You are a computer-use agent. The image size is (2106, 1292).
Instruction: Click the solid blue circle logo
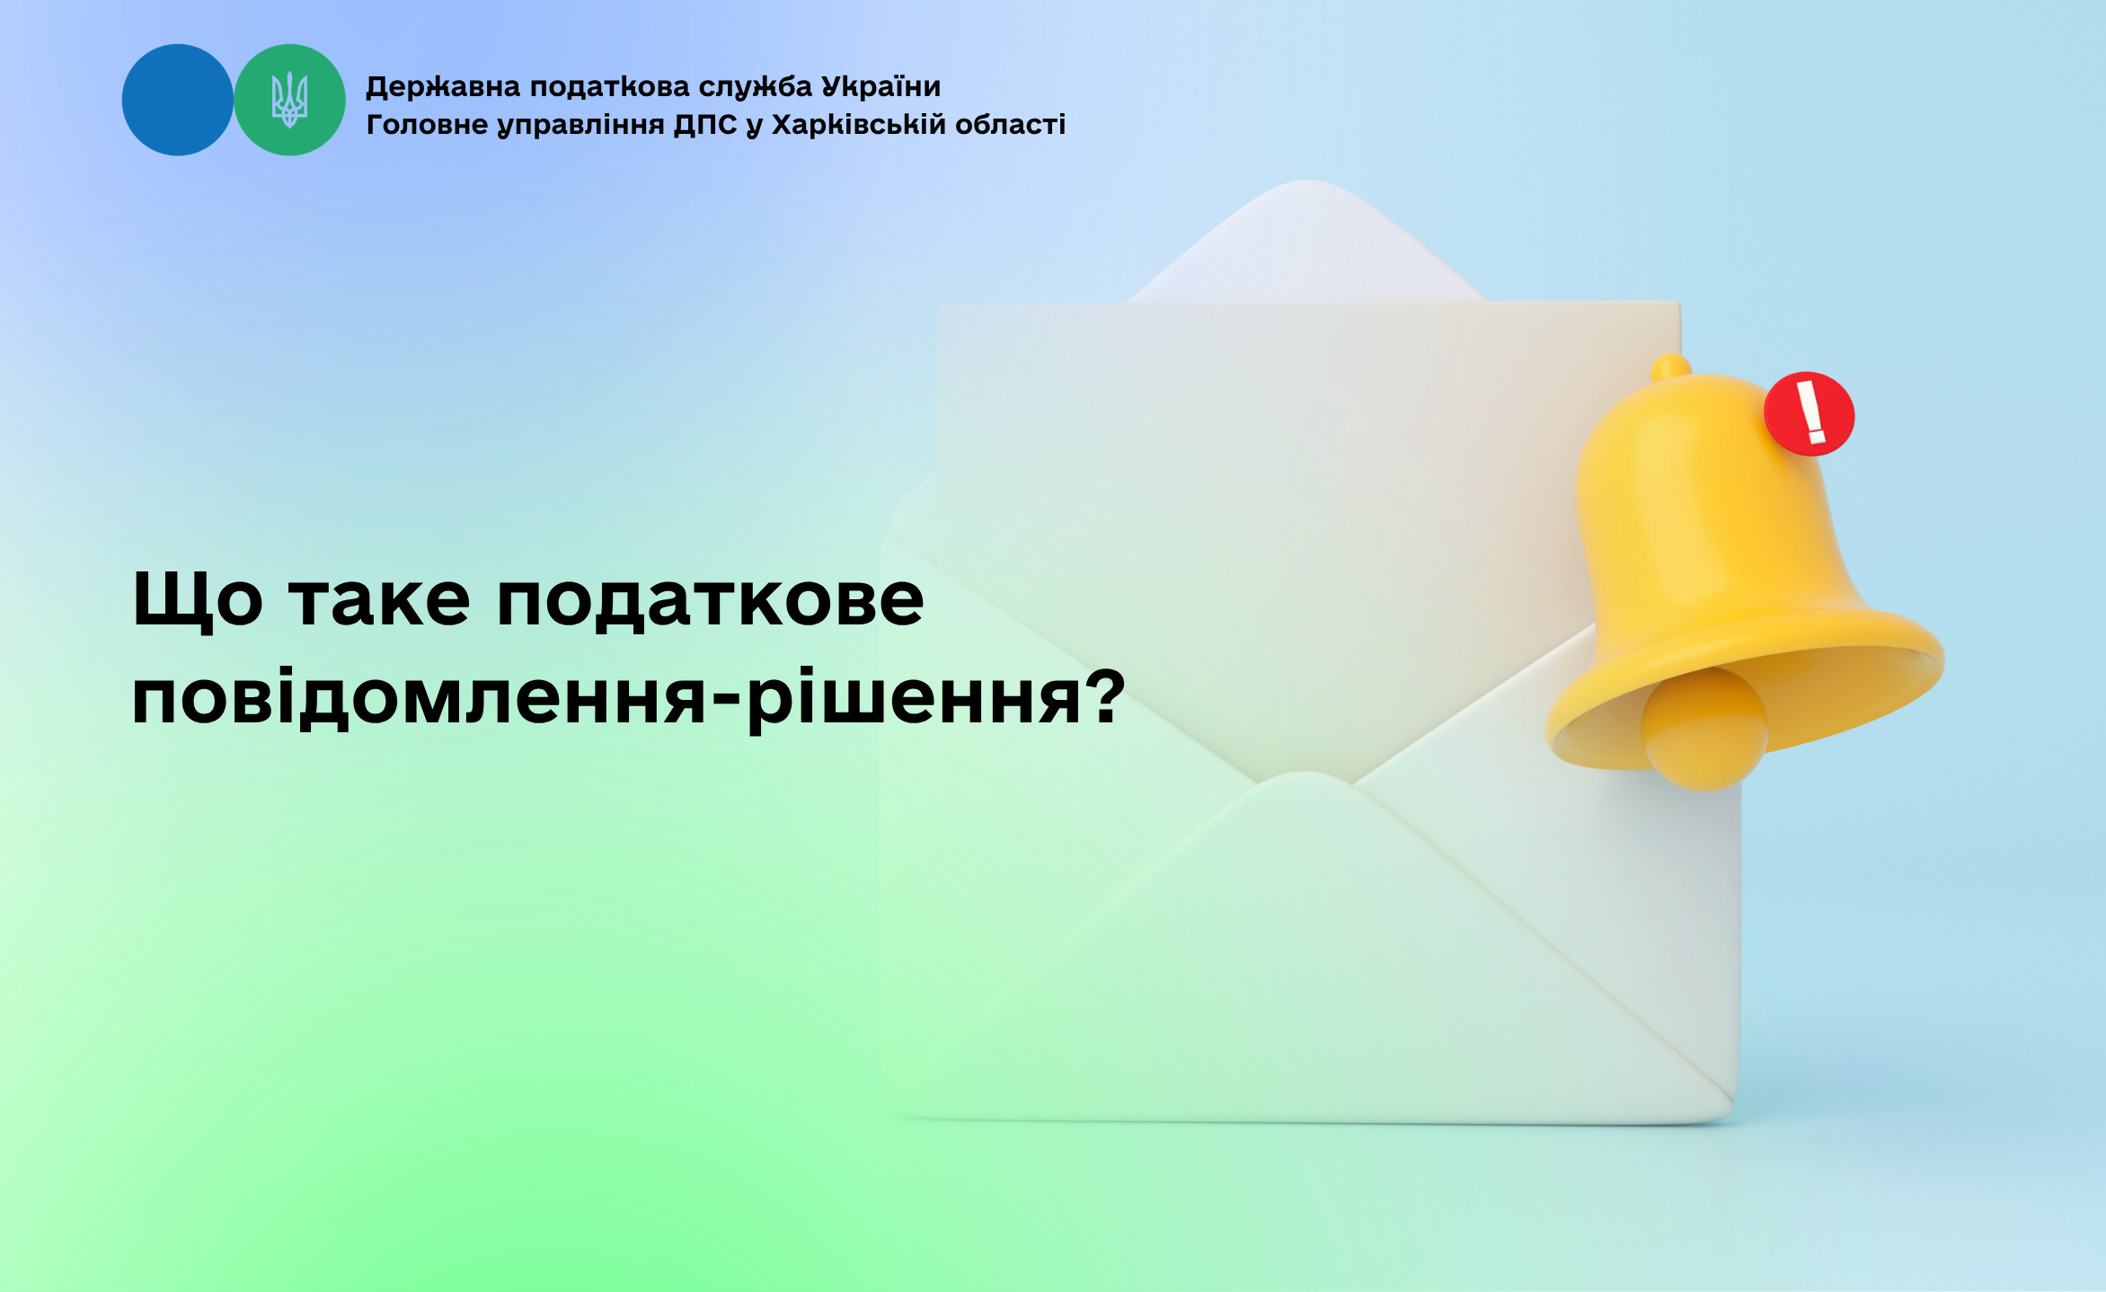(x=178, y=100)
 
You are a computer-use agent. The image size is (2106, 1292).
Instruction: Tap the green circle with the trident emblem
(x=289, y=100)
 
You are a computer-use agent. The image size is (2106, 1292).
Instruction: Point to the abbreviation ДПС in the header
(x=705, y=125)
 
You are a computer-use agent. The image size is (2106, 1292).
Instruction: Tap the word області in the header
(x=1010, y=124)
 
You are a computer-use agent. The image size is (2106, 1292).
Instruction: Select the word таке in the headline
(x=379, y=600)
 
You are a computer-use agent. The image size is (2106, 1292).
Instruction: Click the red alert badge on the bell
(x=1809, y=414)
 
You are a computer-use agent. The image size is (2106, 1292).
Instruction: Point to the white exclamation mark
(x=1810, y=412)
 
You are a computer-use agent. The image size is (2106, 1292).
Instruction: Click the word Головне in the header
(x=427, y=124)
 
